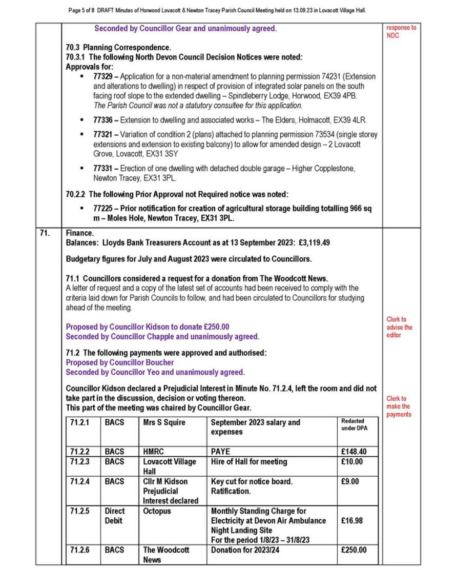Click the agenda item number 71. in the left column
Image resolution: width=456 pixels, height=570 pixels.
[x=44, y=233]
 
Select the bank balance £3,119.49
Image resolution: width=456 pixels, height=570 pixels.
[x=311, y=242]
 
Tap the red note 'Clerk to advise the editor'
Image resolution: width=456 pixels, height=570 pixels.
[x=399, y=327]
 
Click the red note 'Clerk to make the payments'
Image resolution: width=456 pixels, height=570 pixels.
[x=399, y=406]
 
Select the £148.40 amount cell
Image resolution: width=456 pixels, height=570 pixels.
[x=354, y=452]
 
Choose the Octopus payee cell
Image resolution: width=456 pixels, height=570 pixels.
[x=157, y=511]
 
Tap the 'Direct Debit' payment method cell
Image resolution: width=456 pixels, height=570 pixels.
[x=114, y=516]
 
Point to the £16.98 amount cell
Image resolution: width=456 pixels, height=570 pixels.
[x=352, y=521]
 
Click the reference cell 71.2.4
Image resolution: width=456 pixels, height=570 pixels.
[x=80, y=481]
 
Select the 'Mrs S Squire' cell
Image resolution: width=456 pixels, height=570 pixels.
[x=164, y=422]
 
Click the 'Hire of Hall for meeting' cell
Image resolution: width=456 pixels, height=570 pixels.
[x=249, y=461]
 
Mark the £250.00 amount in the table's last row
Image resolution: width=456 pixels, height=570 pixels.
[x=354, y=550]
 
